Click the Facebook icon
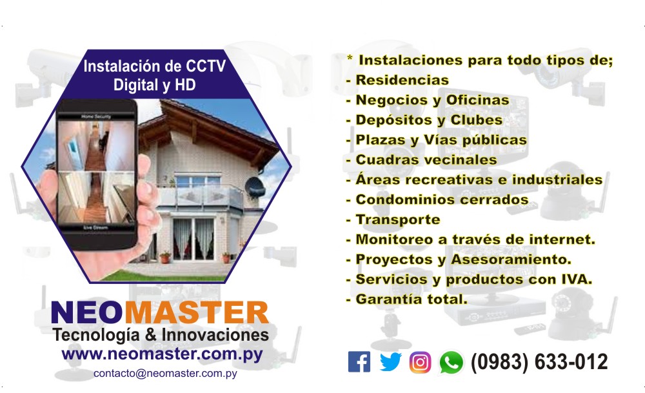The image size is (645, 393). coord(359,362)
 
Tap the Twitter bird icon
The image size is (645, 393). coord(390,362)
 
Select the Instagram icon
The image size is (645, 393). coord(420,362)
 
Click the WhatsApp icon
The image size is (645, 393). coord(451,363)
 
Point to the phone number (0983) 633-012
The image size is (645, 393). coord(539,362)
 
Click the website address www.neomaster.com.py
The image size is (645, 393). coord(161,354)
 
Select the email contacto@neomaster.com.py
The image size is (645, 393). coord(165,374)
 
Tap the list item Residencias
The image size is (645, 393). coord(401,81)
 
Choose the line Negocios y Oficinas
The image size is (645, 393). coord(432,101)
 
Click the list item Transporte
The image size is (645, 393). coord(397,220)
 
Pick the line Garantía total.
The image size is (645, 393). coord(411,299)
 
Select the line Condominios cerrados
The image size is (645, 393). coord(441,200)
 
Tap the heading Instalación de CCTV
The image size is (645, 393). coord(154,66)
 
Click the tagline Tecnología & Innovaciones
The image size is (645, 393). coord(161,336)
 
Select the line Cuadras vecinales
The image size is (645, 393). coord(426,160)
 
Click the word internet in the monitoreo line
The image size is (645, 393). coord(560,240)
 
